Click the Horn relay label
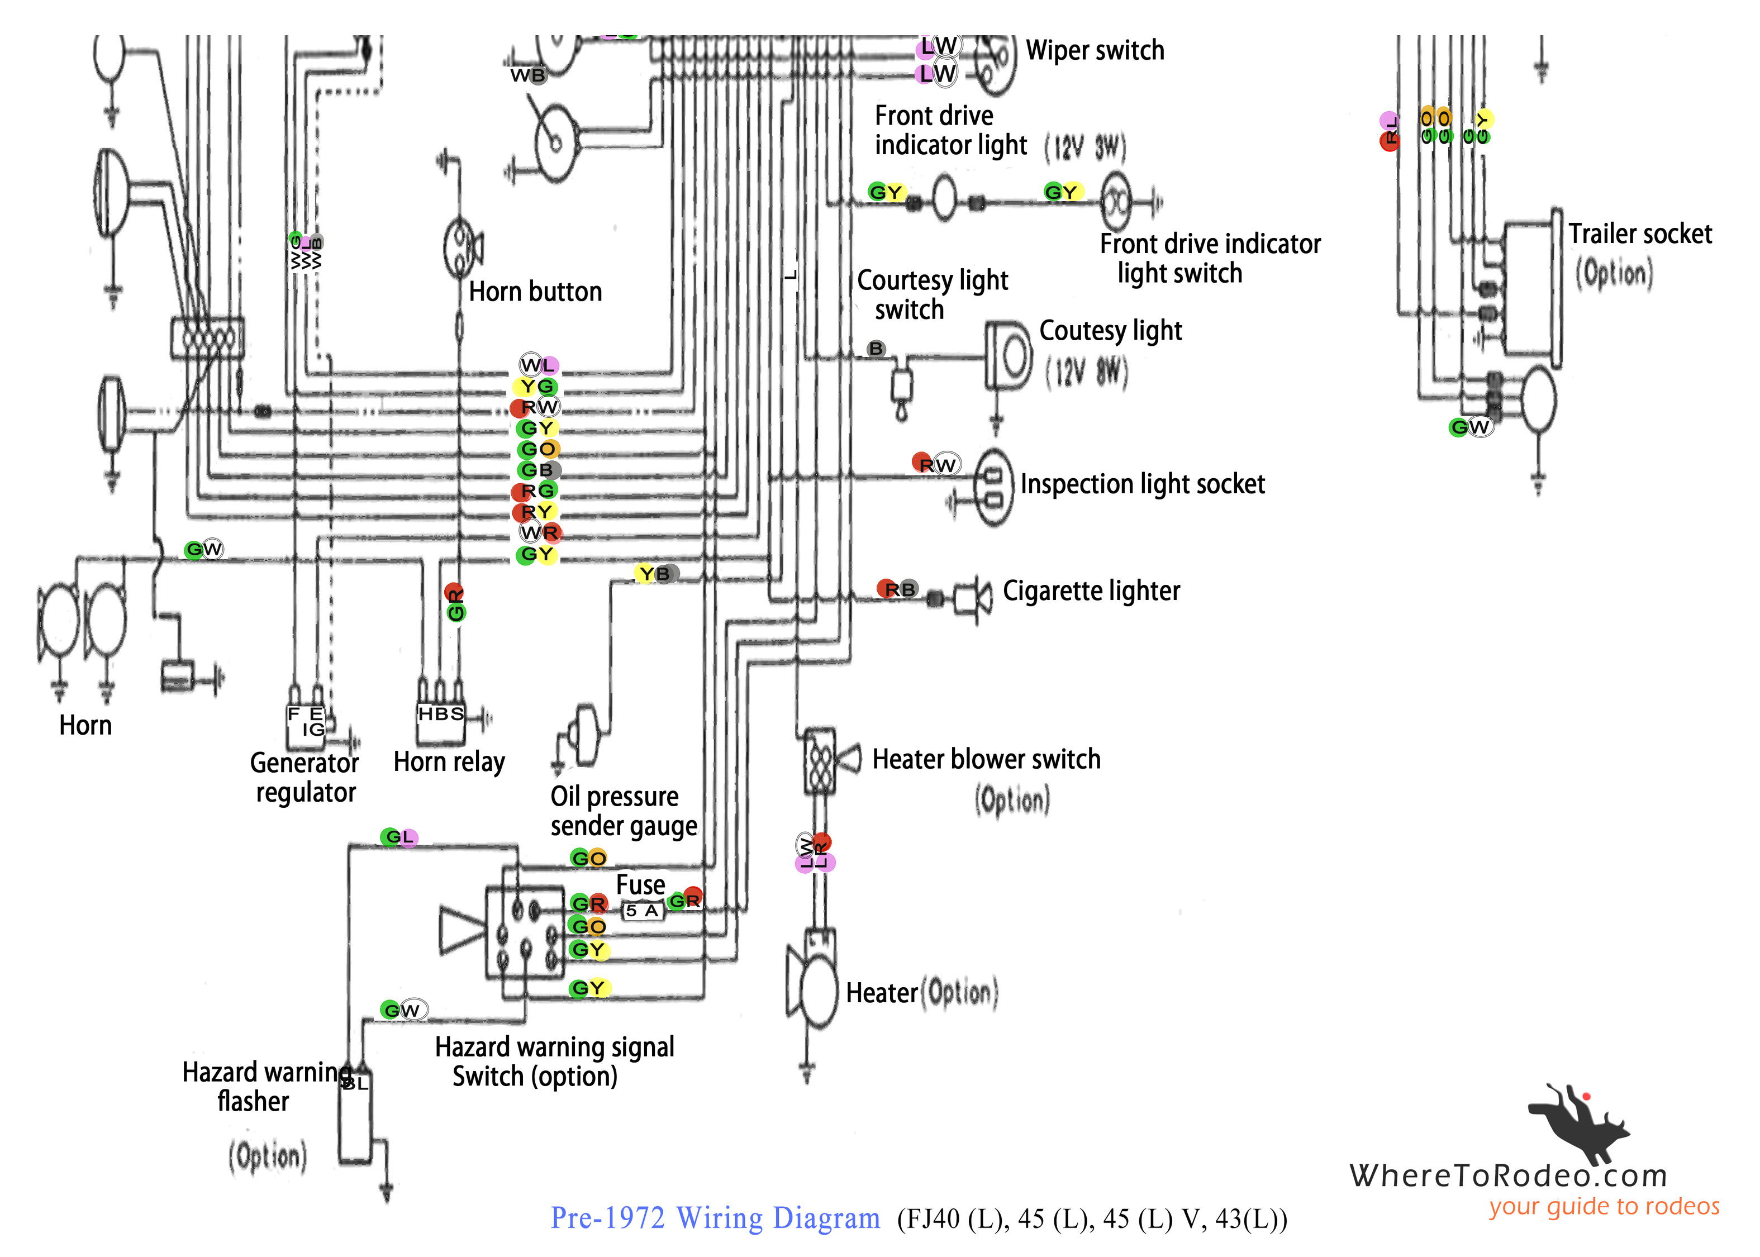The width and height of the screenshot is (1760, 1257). pyautogui.click(x=449, y=761)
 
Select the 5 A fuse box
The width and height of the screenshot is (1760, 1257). pyautogui.click(x=643, y=910)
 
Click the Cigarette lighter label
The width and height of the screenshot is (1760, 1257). pyautogui.click(x=1091, y=591)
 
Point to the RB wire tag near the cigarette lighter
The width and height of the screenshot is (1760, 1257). pyautogui.click(x=898, y=589)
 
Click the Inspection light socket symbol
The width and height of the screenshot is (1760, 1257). pyautogui.click(x=993, y=488)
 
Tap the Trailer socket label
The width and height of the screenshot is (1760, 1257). pyautogui.click(x=1639, y=234)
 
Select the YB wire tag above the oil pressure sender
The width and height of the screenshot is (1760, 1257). pyautogui.click(x=657, y=574)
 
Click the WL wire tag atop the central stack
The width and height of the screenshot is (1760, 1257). pyautogui.click(x=539, y=365)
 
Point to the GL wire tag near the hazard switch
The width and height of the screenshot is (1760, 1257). pyautogui.click(x=398, y=837)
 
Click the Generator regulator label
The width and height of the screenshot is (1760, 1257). pyautogui.click(x=305, y=777)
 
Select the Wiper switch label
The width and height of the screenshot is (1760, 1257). pyautogui.click(x=1095, y=50)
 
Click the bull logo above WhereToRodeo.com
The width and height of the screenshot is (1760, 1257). pyautogui.click(x=1579, y=1122)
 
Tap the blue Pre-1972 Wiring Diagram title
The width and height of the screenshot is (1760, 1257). pyautogui.click(x=715, y=1217)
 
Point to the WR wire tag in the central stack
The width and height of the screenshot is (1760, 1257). pyautogui.click(x=540, y=532)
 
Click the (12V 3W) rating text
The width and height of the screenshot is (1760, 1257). pyautogui.click(x=1085, y=147)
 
